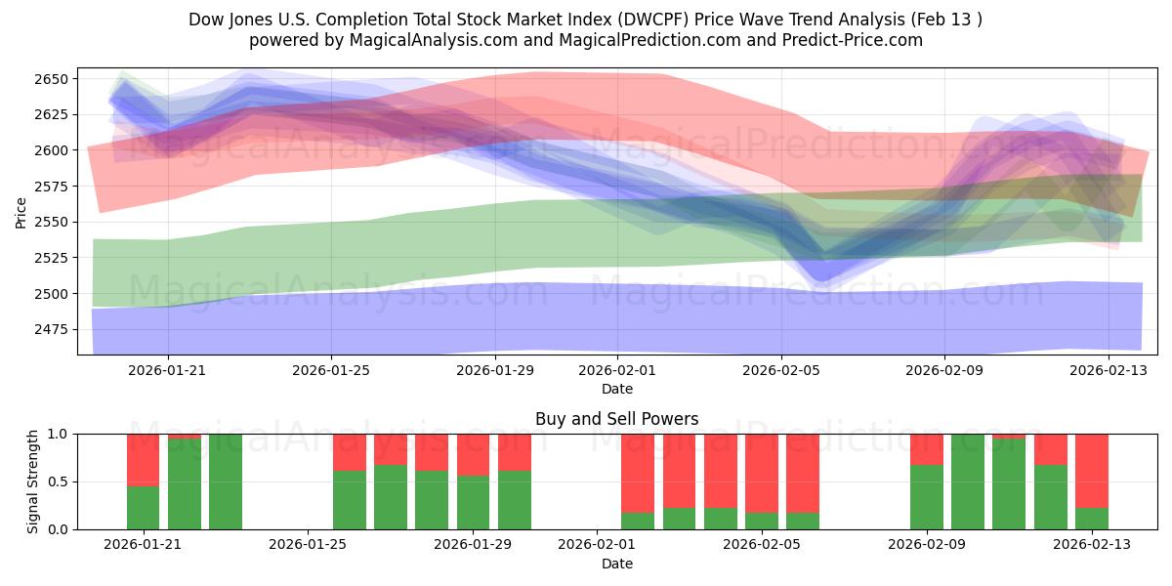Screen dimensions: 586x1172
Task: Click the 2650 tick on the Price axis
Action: pos(56,79)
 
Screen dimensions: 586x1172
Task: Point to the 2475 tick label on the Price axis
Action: pos(56,329)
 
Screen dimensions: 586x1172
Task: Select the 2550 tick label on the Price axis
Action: pos(56,222)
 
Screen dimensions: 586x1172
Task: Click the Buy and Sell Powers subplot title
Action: pos(616,419)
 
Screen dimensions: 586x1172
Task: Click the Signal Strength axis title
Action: pos(34,481)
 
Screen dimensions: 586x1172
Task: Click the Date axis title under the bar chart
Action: pos(616,564)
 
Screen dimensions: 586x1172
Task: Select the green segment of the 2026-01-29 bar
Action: pos(474,502)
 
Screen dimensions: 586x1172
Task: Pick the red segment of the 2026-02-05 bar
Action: pos(762,473)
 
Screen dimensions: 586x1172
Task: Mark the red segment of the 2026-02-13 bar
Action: pos(1092,470)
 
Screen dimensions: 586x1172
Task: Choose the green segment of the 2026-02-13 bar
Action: pos(1092,519)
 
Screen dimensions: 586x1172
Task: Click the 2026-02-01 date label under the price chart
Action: pos(617,371)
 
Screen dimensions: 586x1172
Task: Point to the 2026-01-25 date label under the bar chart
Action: pos(308,545)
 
